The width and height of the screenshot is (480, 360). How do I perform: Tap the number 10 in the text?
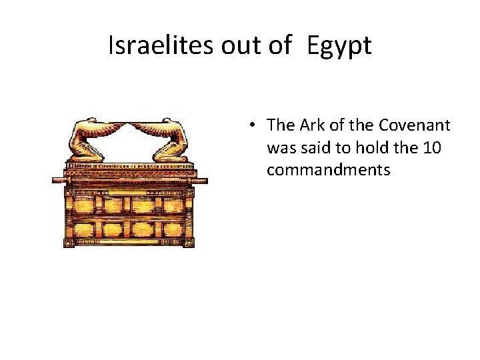click(431, 147)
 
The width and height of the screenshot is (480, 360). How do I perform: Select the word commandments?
click(328, 170)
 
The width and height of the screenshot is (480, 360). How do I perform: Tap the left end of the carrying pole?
click(57, 179)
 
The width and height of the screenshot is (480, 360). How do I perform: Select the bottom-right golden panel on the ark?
click(177, 230)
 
